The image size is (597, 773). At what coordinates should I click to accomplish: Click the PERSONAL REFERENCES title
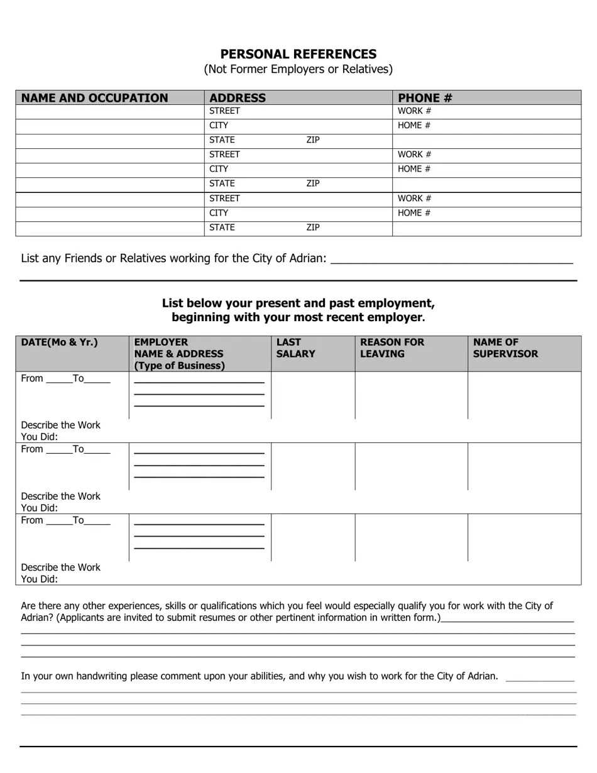(x=298, y=54)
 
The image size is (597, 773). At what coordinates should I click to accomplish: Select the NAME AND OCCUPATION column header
(x=95, y=98)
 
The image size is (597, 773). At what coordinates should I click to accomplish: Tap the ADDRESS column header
(x=238, y=98)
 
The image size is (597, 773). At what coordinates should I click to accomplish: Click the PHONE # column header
(x=425, y=98)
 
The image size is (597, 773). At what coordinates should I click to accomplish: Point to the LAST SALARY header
(x=295, y=348)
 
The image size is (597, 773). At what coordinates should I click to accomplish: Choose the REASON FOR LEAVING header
(x=392, y=348)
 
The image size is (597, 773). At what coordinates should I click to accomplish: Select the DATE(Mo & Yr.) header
(x=60, y=343)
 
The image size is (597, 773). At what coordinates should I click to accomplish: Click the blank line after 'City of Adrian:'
(x=451, y=259)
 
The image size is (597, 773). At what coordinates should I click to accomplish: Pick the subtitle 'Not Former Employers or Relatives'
(x=298, y=69)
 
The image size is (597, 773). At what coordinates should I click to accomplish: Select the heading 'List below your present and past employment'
(x=298, y=303)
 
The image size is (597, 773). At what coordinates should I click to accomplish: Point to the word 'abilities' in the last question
(x=262, y=676)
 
